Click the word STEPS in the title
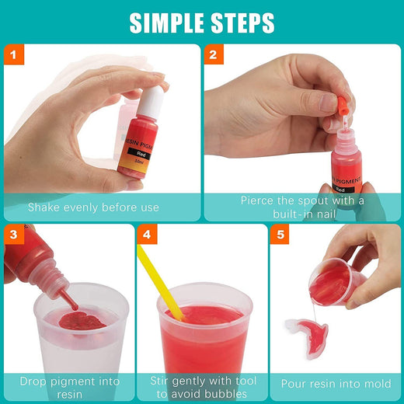[242, 23]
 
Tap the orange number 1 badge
[14, 54]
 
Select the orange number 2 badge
[214, 54]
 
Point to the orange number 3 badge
[14, 235]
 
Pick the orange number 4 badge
[147, 235]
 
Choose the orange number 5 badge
[280, 235]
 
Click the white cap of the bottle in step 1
[151, 103]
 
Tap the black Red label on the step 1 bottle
[141, 154]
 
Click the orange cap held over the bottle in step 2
[342, 105]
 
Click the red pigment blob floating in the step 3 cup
[82, 321]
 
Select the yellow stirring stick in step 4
[160, 282]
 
